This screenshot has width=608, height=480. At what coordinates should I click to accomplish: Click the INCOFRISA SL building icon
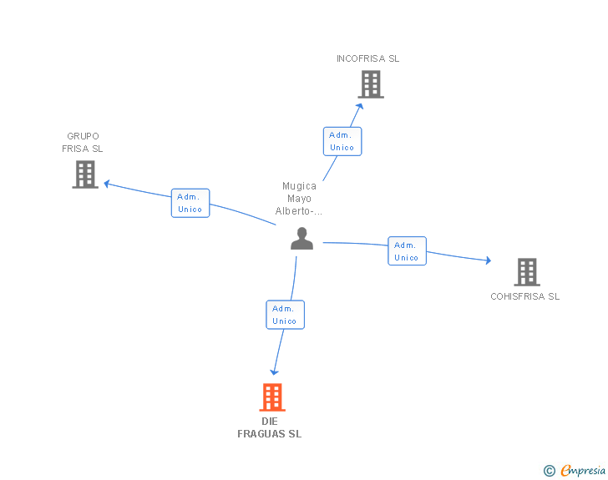[371, 84]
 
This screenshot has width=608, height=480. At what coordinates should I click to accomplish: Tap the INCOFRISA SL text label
[367, 58]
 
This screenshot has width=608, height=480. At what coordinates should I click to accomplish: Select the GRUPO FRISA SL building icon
[85, 174]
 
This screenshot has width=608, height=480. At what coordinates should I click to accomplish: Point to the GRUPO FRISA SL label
[83, 142]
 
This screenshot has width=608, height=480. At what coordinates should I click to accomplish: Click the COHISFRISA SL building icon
[527, 272]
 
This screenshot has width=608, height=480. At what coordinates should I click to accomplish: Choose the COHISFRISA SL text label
[525, 296]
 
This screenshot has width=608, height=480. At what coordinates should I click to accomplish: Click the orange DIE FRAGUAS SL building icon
[272, 397]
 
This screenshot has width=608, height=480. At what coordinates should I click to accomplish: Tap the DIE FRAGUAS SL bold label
[270, 427]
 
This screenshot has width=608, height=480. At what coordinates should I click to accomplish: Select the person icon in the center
[301, 239]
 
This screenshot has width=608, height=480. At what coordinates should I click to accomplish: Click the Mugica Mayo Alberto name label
[299, 199]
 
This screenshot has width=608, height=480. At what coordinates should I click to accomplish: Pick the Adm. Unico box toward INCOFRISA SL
[342, 142]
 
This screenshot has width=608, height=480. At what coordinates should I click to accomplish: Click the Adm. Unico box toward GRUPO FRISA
[190, 203]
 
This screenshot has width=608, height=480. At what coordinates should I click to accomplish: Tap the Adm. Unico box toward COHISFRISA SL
[408, 251]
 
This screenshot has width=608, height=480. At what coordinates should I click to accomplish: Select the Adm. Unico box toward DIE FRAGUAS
[285, 315]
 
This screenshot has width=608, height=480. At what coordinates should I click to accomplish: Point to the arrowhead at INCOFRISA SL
[360, 106]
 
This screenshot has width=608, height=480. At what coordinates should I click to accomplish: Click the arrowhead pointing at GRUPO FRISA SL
[107, 184]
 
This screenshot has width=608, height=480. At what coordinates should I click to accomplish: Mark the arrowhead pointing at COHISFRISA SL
[489, 260]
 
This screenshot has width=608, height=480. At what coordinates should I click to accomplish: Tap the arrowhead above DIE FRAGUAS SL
[274, 372]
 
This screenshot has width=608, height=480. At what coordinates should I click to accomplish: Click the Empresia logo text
[583, 470]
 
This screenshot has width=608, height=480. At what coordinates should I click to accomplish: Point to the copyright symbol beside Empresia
[550, 471]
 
